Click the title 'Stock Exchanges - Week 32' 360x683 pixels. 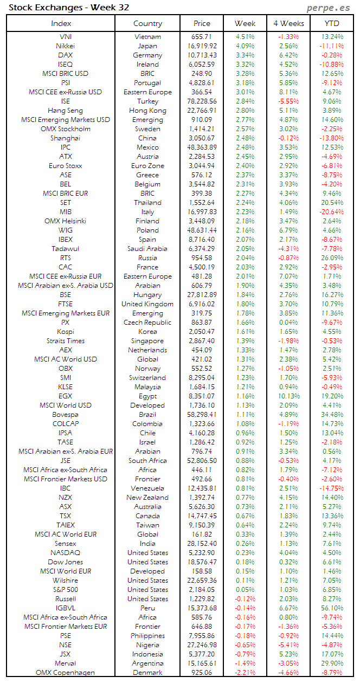[x=69, y=8]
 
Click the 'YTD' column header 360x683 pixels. [x=331, y=23]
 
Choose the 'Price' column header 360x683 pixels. [x=202, y=23]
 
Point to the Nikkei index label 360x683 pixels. [x=66, y=46]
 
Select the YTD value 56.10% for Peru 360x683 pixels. [x=332, y=608]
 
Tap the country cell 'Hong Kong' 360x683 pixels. [x=147, y=111]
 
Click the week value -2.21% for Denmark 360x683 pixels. [x=245, y=673]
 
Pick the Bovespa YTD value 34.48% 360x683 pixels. [x=332, y=415]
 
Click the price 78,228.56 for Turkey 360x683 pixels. [x=201, y=101]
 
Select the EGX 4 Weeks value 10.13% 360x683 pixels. [x=288, y=396]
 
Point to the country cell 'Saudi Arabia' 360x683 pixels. [x=147, y=249]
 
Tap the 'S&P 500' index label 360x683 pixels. [x=66, y=590]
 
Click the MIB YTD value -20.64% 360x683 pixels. [x=332, y=212]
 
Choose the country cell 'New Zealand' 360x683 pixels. [x=147, y=498]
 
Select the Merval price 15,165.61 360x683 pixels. [x=201, y=663]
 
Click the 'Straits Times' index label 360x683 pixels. [x=66, y=341]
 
